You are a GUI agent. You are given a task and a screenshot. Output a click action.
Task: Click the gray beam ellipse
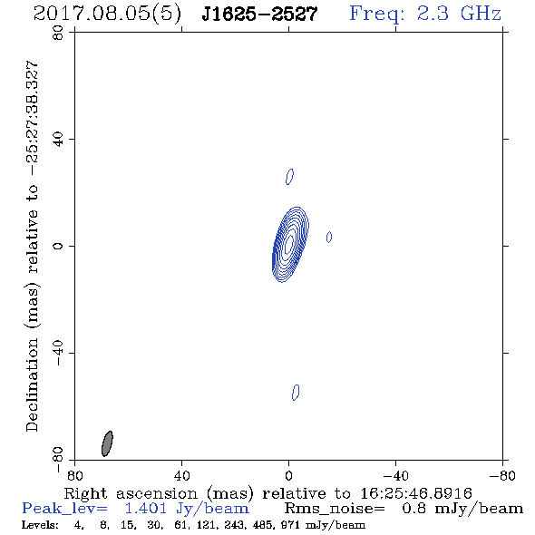(x=107, y=443)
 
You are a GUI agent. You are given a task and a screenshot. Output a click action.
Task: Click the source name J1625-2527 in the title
(x=259, y=14)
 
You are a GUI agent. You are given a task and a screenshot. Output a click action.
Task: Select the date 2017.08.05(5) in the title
(x=107, y=15)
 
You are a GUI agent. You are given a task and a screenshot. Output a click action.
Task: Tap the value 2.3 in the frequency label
(x=433, y=14)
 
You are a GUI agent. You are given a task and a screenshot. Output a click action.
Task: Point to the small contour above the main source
(x=289, y=177)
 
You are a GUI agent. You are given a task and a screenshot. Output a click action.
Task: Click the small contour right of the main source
(x=329, y=237)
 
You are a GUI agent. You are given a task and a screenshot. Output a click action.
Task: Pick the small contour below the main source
(x=296, y=393)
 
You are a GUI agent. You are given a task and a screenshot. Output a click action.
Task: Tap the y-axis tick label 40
(x=58, y=140)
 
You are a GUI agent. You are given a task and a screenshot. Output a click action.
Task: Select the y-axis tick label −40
(x=58, y=353)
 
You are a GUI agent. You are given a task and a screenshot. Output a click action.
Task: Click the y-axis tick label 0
(x=58, y=246)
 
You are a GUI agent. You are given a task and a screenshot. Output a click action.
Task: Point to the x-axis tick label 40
(x=182, y=476)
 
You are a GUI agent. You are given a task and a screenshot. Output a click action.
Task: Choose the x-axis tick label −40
(x=395, y=476)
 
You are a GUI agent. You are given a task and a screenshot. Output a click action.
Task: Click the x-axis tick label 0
(x=288, y=476)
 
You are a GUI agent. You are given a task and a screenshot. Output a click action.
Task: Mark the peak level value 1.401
(x=145, y=509)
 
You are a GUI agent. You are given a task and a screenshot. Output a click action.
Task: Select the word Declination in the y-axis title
(x=32, y=384)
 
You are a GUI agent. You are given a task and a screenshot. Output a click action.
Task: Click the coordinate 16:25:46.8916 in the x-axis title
(x=416, y=493)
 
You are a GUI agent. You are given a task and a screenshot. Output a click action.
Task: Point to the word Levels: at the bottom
(x=40, y=525)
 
